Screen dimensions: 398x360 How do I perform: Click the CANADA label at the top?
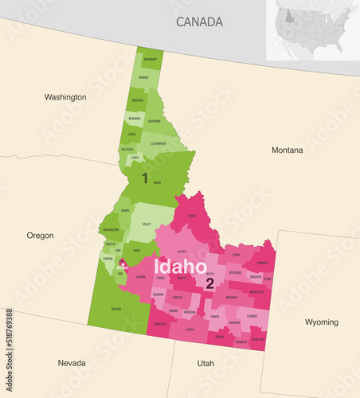coord(199,21)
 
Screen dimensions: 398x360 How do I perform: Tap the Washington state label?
coord(65,97)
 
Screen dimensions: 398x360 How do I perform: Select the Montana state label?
coord(287,150)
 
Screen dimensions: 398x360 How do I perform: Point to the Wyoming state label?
coord(321,322)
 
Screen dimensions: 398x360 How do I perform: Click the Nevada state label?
coord(72,363)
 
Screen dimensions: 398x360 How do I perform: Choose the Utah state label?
coord(205,363)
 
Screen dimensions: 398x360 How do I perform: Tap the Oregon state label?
coord(40,236)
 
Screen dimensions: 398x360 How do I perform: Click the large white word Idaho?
coord(180,266)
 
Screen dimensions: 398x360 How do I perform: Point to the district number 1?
coord(144,178)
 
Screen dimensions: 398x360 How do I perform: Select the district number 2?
coord(209,283)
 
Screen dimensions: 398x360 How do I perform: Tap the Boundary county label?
coord(150,59)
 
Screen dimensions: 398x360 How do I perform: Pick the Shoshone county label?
coord(155,122)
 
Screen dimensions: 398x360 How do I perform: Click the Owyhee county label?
coord(116,309)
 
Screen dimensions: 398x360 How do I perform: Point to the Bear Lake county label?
coord(258,338)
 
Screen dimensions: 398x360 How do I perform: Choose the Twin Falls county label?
coord(159,324)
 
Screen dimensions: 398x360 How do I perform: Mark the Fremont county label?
coord(262,262)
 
